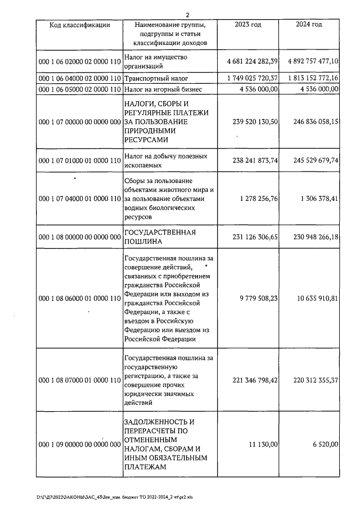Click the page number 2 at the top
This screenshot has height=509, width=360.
point(188,15)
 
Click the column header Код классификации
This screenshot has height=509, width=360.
point(79,25)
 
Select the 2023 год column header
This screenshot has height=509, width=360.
point(247,25)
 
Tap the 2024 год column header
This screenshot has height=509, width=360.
point(309,25)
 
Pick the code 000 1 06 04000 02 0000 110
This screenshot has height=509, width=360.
point(79,78)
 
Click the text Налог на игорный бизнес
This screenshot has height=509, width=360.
point(162,89)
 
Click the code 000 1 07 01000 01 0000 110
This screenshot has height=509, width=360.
point(79,160)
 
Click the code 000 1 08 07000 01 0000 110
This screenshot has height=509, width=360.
point(79,381)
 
